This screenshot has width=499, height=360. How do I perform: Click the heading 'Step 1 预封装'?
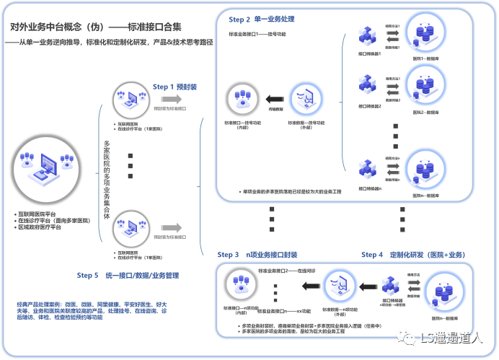[x=175, y=87]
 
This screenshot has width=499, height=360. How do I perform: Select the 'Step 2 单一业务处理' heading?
[x=264, y=19]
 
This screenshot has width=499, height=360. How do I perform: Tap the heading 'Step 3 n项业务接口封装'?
[x=267, y=255]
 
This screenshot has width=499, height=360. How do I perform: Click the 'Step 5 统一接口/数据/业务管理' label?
[x=128, y=275]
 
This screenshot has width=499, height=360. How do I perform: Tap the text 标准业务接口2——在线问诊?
[x=288, y=270]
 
